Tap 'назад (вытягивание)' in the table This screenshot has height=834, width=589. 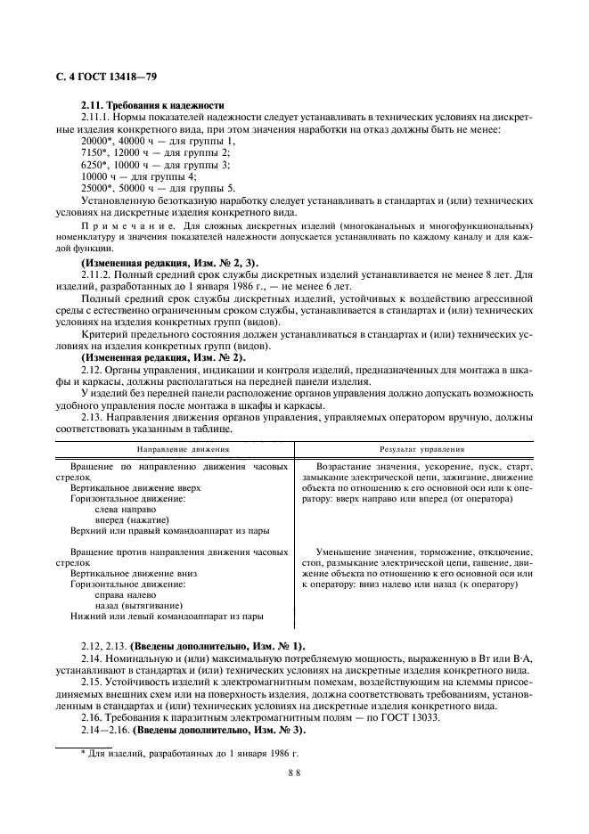point(138,605)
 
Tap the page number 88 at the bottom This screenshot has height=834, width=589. point(294,774)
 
